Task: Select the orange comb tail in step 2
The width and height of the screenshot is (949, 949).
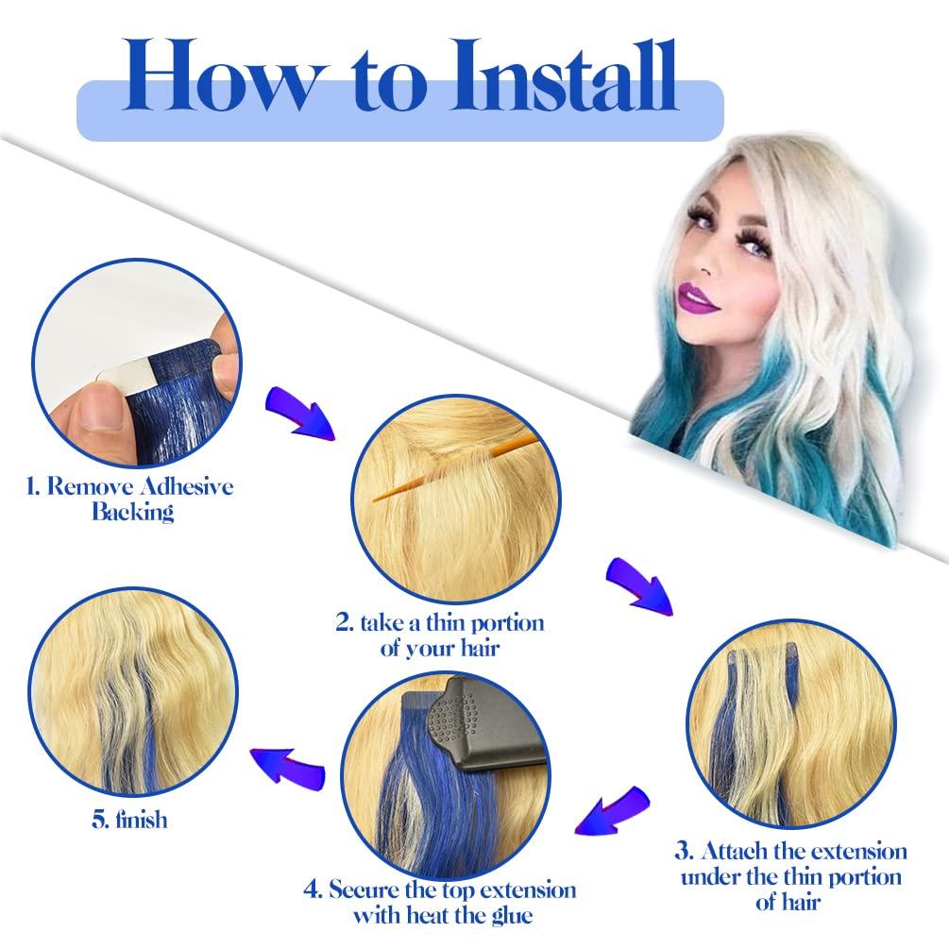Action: (455, 467)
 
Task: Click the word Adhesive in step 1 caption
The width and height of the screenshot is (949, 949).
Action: (186, 486)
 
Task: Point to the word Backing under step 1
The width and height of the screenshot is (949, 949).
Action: (133, 512)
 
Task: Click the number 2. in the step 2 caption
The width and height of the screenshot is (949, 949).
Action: (345, 623)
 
